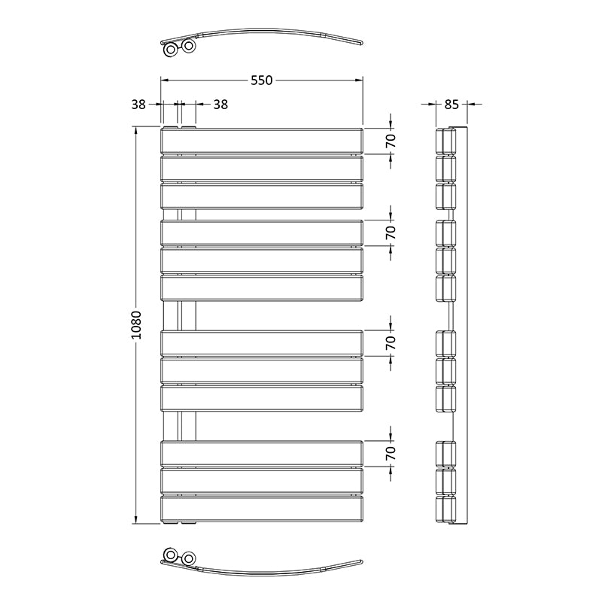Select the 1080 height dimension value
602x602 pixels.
tap(136, 325)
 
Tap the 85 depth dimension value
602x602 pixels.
tap(451, 105)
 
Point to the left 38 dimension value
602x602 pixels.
tap(138, 105)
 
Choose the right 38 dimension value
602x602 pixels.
tap(220, 105)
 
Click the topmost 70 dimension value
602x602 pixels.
tap(391, 141)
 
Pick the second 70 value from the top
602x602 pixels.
tap(391, 233)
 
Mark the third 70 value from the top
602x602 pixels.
tap(391, 342)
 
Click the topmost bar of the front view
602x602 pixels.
tap(262, 141)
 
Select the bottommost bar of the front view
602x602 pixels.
tap(262, 509)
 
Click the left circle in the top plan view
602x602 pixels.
tap(172, 50)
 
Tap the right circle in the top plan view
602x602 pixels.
tap(188, 47)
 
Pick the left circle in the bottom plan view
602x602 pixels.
tap(172, 558)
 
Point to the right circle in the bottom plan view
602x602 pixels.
tap(188, 558)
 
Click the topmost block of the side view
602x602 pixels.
tap(446, 141)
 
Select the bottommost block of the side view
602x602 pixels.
tap(446, 509)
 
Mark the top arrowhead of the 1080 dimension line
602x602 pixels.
tap(136, 132)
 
